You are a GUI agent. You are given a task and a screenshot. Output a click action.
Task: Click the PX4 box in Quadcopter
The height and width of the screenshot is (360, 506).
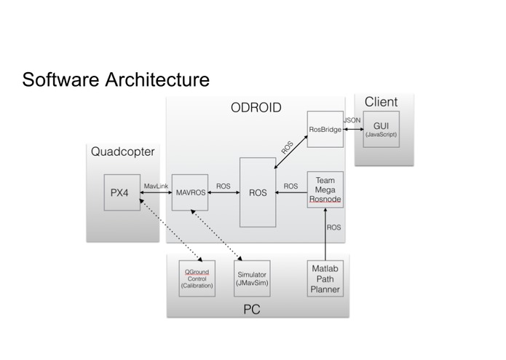coord(122,192)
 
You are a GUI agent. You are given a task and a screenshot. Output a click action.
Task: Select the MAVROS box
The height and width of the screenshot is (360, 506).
coord(190,192)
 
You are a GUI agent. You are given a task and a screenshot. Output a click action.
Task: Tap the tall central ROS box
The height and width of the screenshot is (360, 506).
coord(258,192)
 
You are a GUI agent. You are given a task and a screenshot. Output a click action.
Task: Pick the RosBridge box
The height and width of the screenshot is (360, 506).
coord(325,129)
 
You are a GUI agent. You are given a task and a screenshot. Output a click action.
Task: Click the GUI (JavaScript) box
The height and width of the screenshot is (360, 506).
coord(381,129)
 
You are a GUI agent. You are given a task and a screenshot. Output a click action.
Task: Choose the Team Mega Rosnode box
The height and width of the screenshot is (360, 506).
coord(325,189)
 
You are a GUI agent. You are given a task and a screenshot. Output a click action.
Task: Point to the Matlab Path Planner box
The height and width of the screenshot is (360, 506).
coord(325,278)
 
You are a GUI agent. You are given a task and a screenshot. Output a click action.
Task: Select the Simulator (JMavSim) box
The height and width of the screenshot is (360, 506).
coord(252,278)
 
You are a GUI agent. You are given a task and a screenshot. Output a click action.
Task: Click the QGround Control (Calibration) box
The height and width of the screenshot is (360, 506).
coord(197,278)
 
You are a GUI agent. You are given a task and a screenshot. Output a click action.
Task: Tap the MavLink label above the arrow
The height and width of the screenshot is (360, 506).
coord(156,187)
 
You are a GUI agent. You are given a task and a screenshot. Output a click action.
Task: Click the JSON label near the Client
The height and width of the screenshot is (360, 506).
coord(352,120)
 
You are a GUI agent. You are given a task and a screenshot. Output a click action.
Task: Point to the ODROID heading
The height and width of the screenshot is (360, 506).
coord(256,108)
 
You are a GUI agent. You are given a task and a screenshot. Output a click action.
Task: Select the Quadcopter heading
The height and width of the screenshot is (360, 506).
coord(122,152)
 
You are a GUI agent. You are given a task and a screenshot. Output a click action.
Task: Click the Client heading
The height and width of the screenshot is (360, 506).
coord(381,102)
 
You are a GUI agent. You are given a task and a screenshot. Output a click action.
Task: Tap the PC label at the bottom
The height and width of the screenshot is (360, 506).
coord(252,309)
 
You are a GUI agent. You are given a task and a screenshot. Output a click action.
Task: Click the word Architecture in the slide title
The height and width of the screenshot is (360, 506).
coord(157,79)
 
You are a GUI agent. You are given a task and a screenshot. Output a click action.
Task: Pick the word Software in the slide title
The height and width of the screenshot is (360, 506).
coord(60,79)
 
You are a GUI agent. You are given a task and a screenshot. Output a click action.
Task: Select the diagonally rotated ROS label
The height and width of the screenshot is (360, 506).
coord(287,147)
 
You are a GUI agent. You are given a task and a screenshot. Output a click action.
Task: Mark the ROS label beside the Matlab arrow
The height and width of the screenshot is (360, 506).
coord(333,227)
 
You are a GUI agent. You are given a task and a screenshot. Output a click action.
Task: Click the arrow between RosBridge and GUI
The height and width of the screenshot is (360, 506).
coord(353,129)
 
